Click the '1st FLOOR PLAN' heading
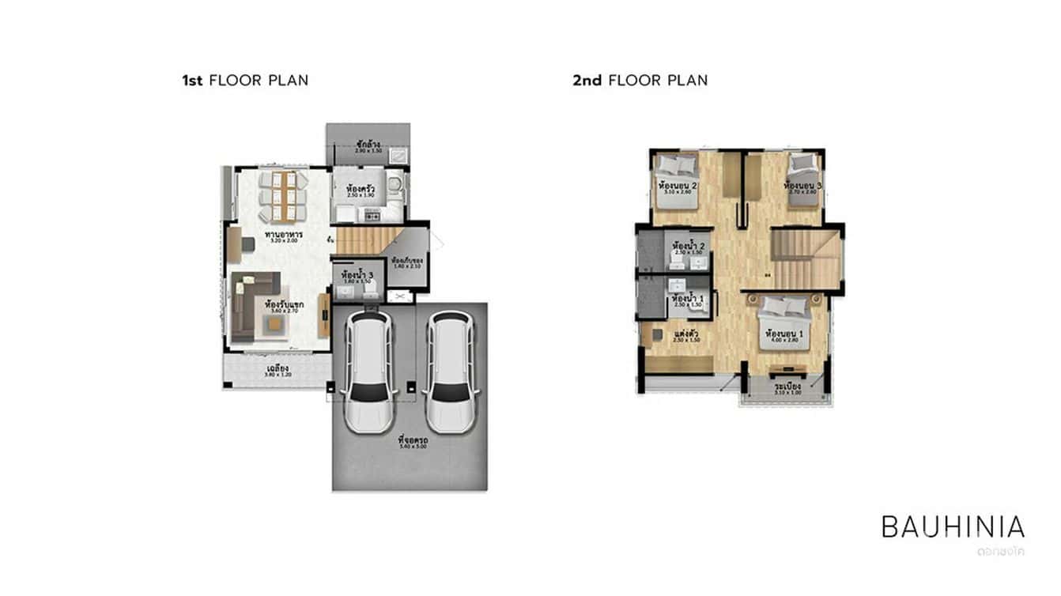click(245, 80)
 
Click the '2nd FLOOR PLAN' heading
click(640, 80)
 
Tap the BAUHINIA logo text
click(953, 526)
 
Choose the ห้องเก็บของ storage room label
click(407, 261)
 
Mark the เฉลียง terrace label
click(277, 369)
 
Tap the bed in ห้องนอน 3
click(802, 180)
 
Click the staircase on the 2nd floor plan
click(805, 257)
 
